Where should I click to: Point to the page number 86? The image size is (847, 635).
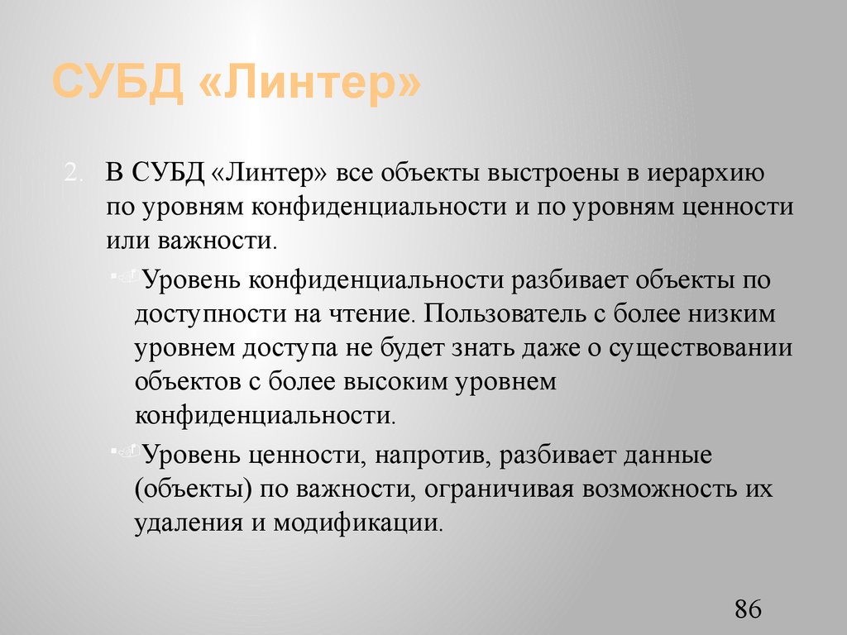[x=747, y=610]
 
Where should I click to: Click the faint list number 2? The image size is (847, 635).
[x=74, y=174]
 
